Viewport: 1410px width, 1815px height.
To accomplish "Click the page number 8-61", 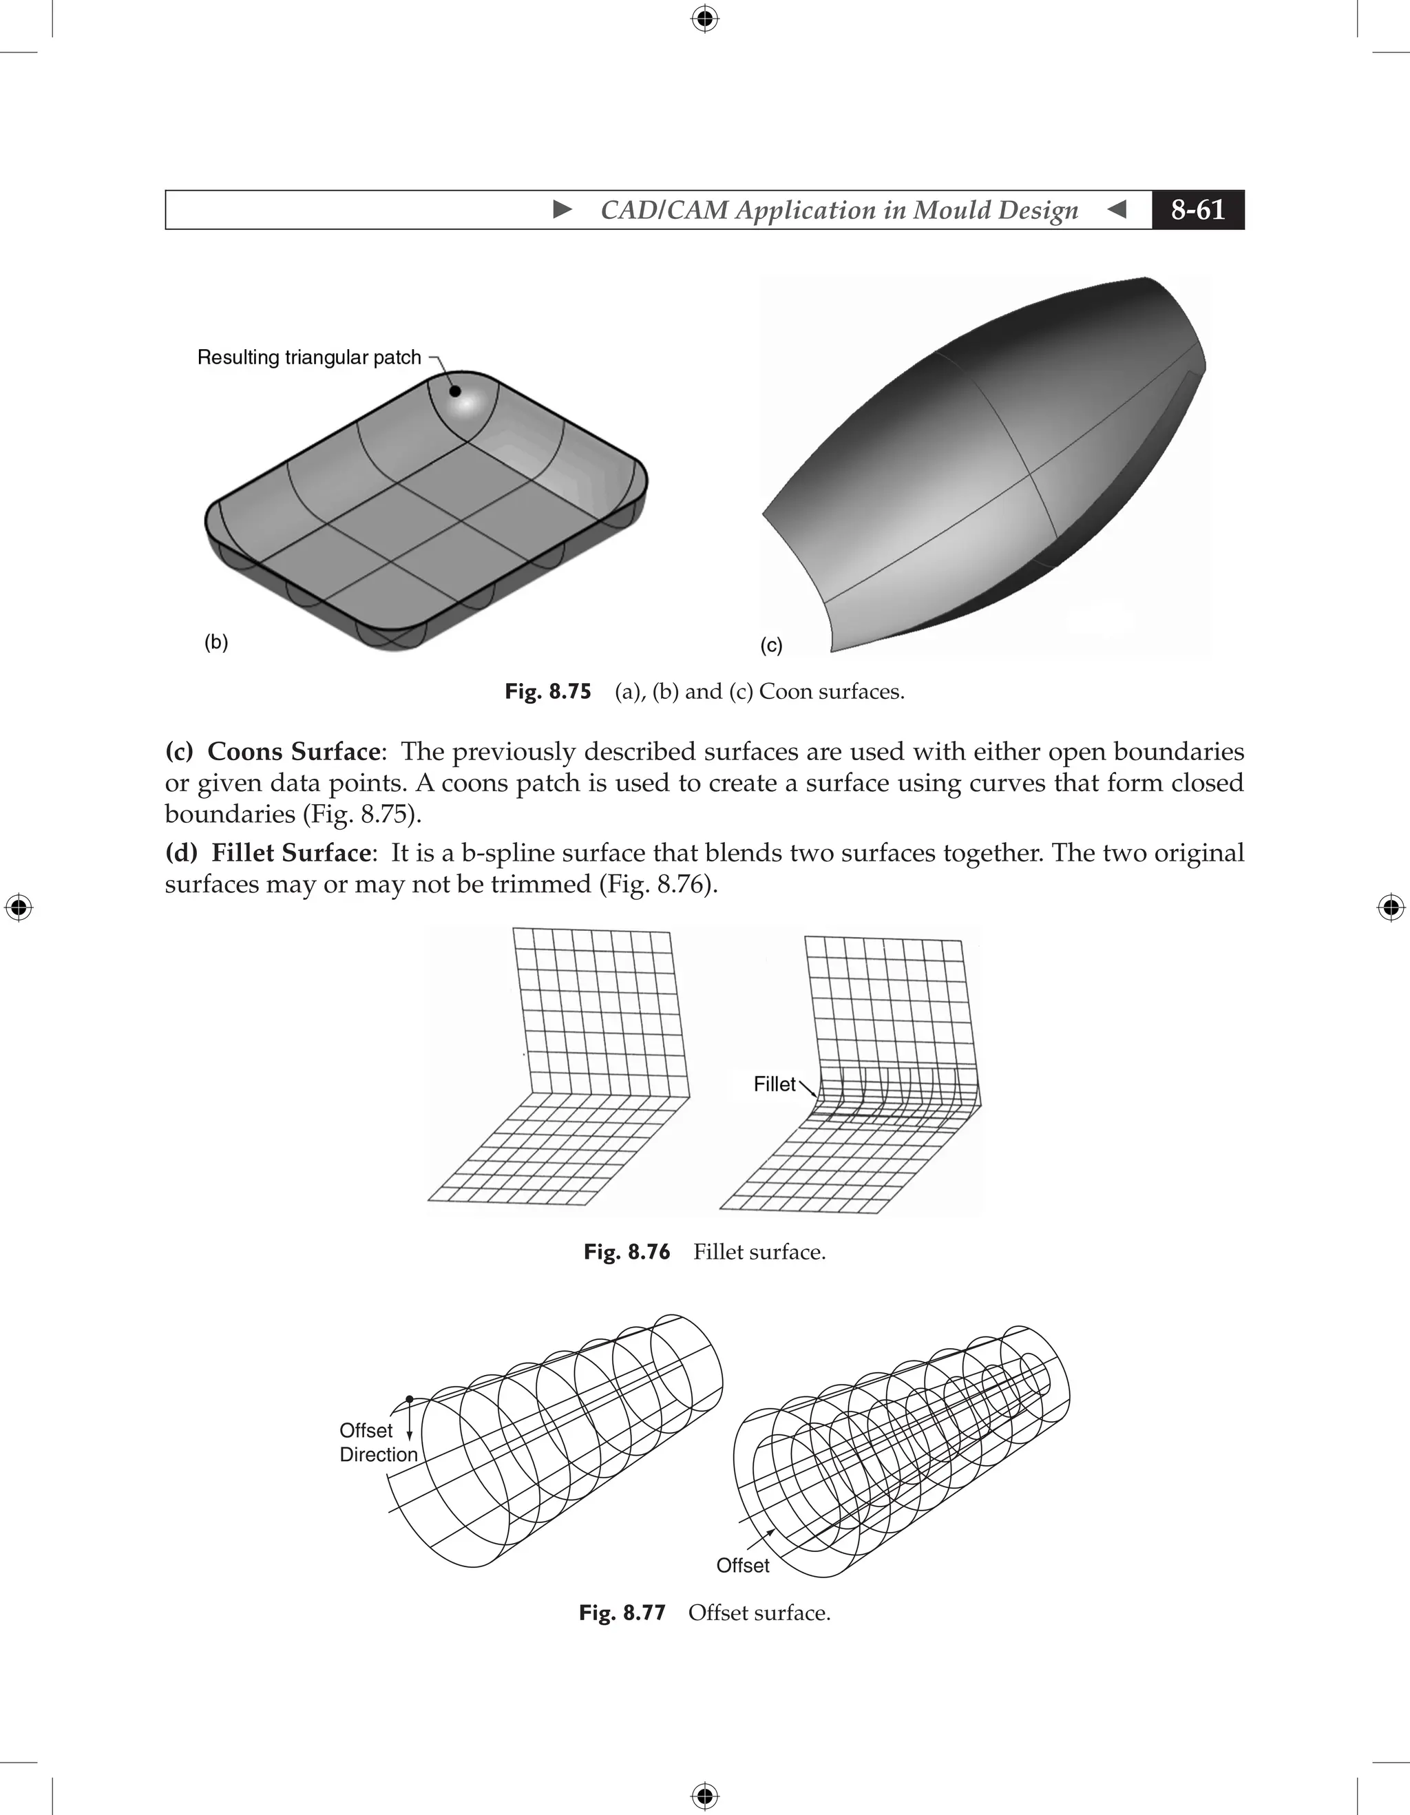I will (x=1197, y=209).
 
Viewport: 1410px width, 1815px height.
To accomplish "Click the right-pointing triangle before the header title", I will (x=562, y=209).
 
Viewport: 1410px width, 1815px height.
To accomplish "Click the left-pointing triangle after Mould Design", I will (x=1117, y=209).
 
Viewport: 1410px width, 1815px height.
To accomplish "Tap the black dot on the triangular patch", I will (x=455, y=390).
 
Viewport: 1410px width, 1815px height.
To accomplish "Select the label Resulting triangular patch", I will (x=309, y=357).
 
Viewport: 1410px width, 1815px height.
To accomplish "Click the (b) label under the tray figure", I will (x=216, y=642).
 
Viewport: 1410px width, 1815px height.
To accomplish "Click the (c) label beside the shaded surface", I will (x=771, y=646).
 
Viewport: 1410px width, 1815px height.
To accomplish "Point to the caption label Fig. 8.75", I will (x=547, y=691).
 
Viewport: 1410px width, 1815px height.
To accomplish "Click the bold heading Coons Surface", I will (x=293, y=751).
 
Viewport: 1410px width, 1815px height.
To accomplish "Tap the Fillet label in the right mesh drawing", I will (x=775, y=1084).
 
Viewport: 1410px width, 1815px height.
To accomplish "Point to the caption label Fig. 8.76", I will (x=627, y=1252).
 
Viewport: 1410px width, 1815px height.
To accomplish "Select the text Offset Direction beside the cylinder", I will (x=377, y=1442).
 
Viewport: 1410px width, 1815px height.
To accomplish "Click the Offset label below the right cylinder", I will (x=743, y=1566).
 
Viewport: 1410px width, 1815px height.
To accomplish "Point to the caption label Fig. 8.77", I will (x=622, y=1613).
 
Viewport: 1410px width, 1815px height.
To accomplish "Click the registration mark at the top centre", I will (x=704, y=19).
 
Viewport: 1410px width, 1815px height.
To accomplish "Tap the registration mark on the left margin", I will (x=19, y=907).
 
